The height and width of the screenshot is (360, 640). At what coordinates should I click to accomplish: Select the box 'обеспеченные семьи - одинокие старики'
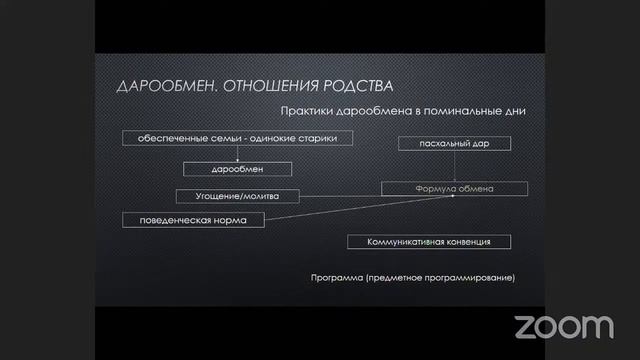pyautogui.click(x=238, y=138)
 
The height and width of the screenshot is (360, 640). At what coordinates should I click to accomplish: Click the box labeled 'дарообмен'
pyautogui.click(x=237, y=169)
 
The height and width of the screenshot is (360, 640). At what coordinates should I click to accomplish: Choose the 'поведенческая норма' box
pyautogui.click(x=193, y=218)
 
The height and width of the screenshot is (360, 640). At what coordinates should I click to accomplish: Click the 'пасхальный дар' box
pyautogui.click(x=456, y=144)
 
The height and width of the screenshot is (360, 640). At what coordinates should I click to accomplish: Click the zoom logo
pyautogui.click(x=564, y=325)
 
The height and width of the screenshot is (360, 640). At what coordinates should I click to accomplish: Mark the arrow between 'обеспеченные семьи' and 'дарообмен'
pyautogui.click(x=238, y=154)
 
